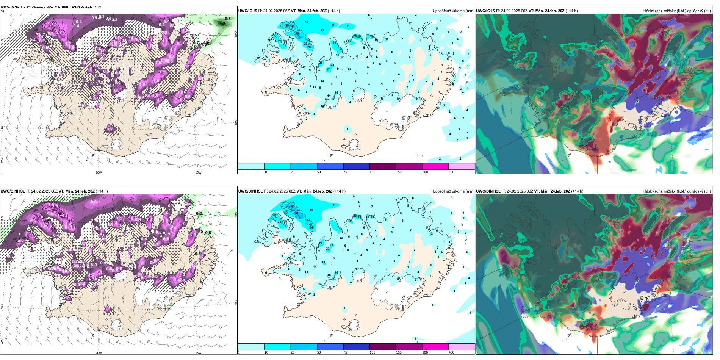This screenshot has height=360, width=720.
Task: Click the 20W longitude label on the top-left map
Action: coord(99,172)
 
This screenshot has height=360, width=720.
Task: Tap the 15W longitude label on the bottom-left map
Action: coord(198,353)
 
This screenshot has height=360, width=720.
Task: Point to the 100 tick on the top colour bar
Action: coord(373,172)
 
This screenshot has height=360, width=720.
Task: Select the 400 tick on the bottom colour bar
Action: coord(451,352)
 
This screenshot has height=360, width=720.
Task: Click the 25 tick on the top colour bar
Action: coord(293,172)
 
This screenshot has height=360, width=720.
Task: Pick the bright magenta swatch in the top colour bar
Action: coord(435,166)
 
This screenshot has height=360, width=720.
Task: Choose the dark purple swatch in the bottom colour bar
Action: coord(383,347)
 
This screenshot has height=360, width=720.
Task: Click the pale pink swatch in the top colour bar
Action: coord(462,166)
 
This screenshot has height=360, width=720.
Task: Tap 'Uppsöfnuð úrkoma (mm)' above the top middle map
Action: coord(453,11)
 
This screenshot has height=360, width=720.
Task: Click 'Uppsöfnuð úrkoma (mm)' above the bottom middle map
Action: coord(453,191)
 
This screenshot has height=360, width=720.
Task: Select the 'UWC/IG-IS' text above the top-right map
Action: coord(485,11)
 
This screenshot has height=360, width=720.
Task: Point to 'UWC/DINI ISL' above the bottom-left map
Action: coord(13,191)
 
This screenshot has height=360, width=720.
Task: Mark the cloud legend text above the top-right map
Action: coord(677,11)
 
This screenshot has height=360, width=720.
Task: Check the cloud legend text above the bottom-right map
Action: coord(677,191)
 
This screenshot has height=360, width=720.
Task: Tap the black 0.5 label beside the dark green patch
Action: coord(228,19)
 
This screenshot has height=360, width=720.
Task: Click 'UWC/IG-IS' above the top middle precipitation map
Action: coord(247,11)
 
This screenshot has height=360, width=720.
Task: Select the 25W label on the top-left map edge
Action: coord(2,160)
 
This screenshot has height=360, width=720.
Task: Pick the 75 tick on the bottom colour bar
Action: coord(345,352)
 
